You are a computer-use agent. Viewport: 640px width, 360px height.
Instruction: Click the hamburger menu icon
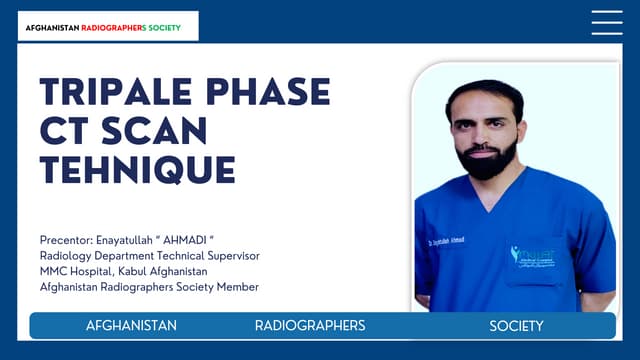(x=607, y=23)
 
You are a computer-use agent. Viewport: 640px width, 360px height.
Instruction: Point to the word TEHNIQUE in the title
(x=137, y=170)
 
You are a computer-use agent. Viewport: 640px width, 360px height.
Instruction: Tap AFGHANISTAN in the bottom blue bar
(x=131, y=326)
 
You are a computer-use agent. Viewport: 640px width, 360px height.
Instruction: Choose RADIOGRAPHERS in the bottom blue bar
(x=310, y=326)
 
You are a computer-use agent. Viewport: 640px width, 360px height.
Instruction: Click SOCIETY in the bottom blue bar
(x=516, y=326)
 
